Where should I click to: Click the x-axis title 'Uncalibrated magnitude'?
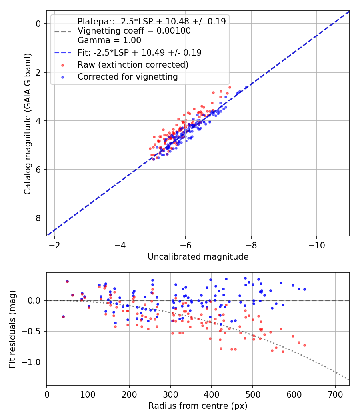(198, 256)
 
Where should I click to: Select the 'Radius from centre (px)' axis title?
(198, 406)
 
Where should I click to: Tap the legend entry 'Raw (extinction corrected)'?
(133, 64)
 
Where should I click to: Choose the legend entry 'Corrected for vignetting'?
(128, 76)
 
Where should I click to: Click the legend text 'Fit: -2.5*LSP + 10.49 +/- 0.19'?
(139, 52)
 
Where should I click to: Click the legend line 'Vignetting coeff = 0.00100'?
(134, 31)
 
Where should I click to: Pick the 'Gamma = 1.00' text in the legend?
(109, 40)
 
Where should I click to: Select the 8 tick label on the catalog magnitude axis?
(38, 218)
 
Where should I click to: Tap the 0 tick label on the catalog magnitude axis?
(38, 24)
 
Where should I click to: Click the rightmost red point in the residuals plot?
(304, 345)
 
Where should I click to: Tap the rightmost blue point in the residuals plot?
(304, 289)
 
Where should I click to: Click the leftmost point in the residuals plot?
(63, 316)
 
